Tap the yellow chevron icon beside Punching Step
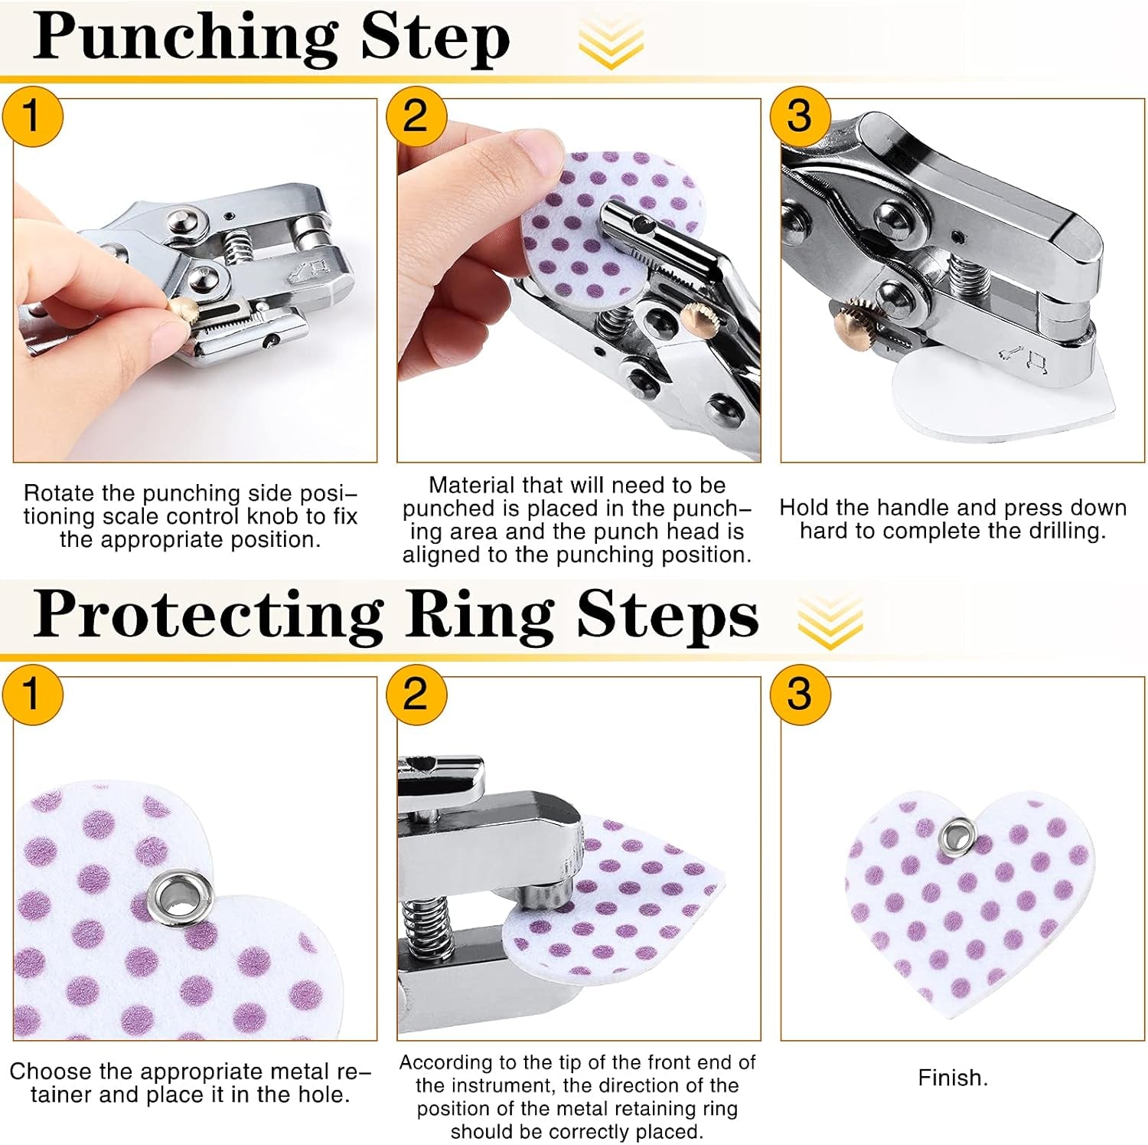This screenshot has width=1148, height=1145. click(x=611, y=43)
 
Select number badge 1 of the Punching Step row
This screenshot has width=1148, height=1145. click(x=31, y=116)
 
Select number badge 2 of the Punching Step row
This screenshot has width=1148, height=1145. click(x=415, y=116)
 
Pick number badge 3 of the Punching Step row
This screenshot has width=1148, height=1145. click(x=799, y=116)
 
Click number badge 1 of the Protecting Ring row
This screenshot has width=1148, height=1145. click(x=31, y=695)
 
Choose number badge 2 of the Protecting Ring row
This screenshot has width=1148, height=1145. click(x=415, y=695)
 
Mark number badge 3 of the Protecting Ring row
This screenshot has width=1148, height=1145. click(x=799, y=695)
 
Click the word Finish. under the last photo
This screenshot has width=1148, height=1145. click(x=953, y=1078)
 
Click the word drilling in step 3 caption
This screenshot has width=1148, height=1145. click(x=1067, y=531)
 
